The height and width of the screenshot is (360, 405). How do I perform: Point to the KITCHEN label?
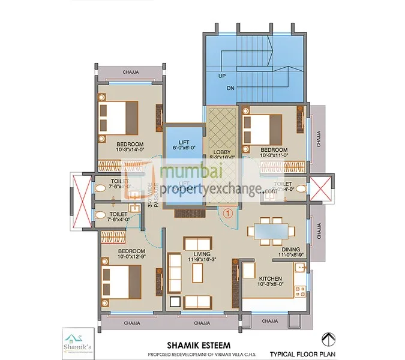tap(271, 280)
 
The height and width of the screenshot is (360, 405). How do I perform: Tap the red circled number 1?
tap(227, 211)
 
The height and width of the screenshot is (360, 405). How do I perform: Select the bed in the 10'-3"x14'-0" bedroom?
tap(120, 117)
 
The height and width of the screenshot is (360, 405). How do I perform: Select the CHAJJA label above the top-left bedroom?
tap(131, 72)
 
